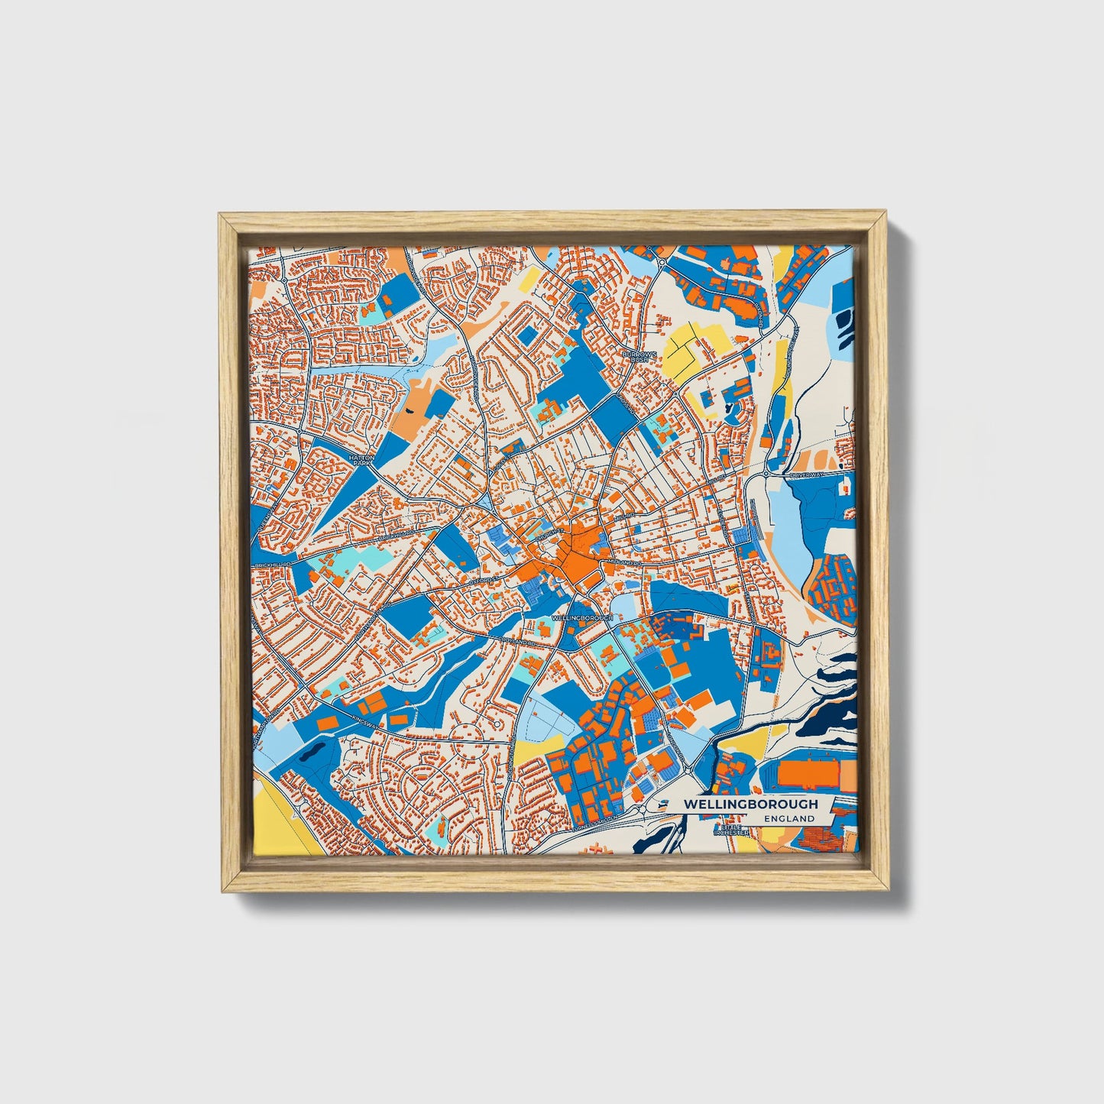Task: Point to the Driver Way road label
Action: click(x=807, y=474)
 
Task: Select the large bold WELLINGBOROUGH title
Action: click(x=750, y=804)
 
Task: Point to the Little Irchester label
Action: click(x=730, y=830)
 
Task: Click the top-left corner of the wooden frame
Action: click(x=220, y=215)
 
